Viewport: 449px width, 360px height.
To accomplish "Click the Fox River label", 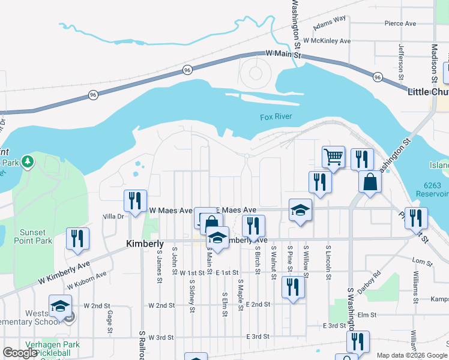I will click(x=276, y=117).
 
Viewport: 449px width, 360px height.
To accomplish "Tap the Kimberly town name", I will click(x=145, y=244).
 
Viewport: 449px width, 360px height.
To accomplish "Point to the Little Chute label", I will click(x=428, y=92).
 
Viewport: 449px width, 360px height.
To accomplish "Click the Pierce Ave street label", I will click(x=400, y=23).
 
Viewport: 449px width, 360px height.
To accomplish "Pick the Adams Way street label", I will click(x=330, y=22).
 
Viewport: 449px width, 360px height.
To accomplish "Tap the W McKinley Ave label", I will click(x=327, y=41).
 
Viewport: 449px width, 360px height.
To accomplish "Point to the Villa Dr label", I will click(x=113, y=216).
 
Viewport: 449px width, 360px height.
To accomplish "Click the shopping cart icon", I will click(x=333, y=157).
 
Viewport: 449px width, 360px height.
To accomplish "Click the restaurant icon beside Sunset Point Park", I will click(x=77, y=238).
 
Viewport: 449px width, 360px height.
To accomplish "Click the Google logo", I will click(x=20, y=353).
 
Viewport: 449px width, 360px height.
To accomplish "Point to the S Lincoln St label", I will click(x=329, y=262).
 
